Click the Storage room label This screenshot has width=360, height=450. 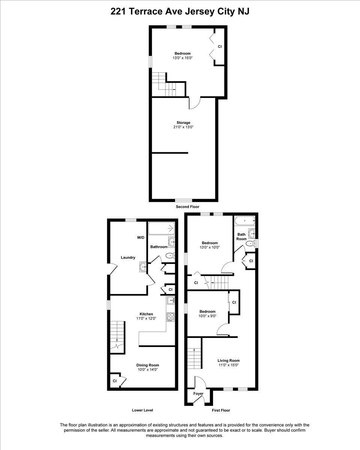(x=183, y=123)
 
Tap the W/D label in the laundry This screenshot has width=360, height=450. (x=141, y=237)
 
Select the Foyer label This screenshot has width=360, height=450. (x=198, y=393)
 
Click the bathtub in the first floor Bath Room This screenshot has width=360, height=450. (x=245, y=221)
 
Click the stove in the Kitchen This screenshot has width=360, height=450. (x=171, y=317)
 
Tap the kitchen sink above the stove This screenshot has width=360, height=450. (x=171, y=300)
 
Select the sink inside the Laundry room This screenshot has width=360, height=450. (x=143, y=267)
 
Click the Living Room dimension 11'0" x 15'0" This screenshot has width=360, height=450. (x=228, y=365)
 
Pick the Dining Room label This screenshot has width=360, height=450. (x=148, y=365)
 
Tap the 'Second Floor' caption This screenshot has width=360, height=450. (x=187, y=207)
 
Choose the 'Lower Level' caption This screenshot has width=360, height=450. (x=142, y=410)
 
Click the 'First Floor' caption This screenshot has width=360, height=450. (x=221, y=410)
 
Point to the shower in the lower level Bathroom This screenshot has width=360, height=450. (x=162, y=228)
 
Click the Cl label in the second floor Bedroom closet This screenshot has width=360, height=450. (x=220, y=46)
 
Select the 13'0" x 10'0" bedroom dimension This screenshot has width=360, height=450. (x=210, y=247)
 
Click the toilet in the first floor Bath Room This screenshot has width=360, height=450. (x=250, y=243)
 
